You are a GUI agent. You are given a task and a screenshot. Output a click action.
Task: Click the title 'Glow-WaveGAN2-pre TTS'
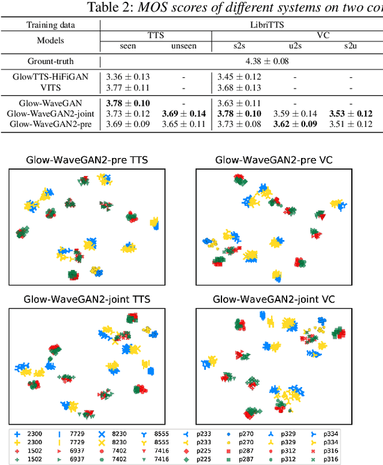tap(86, 160)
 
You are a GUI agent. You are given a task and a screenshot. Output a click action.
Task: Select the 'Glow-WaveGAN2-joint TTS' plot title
tap(86, 299)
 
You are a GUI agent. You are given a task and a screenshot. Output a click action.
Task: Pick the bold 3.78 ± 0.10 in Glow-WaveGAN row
tap(128, 104)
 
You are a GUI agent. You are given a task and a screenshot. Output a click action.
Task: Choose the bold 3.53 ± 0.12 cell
tap(350, 114)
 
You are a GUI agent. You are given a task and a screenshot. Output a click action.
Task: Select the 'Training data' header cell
tap(50, 25)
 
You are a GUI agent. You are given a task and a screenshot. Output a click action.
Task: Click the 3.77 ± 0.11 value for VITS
tap(128, 87)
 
